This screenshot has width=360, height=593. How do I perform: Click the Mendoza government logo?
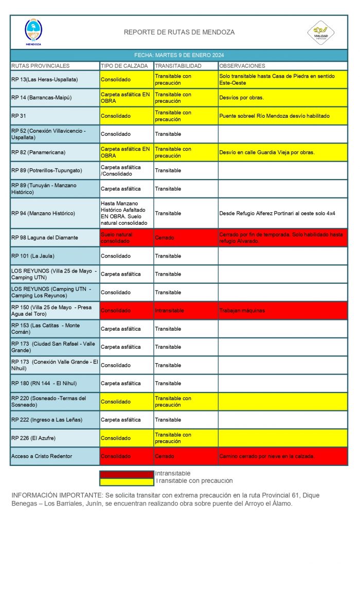(33, 32)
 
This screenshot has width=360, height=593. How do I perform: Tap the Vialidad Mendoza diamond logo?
(321, 32)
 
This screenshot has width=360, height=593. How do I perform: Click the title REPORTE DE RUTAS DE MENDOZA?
(179, 32)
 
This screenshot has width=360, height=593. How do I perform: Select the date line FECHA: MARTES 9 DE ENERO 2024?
(179, 55)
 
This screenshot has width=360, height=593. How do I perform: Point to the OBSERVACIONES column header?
(242, 66)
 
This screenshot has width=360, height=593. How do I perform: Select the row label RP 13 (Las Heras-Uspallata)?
(45, 80)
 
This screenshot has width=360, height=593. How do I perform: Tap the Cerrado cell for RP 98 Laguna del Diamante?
(165, 238)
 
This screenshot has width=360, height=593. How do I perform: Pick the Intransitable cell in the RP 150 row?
(169, 311)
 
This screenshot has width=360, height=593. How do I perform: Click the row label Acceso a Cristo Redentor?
(42, 456)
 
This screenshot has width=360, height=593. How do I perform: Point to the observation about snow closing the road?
(266, 456)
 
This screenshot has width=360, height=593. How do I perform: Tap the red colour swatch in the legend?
(127, 474)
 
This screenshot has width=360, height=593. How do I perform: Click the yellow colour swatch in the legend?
(127, 482)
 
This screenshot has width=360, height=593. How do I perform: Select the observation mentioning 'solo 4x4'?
(284, 213)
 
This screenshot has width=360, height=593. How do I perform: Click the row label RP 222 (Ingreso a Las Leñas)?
(47, 420)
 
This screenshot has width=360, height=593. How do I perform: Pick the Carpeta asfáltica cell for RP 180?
(121, 383)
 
